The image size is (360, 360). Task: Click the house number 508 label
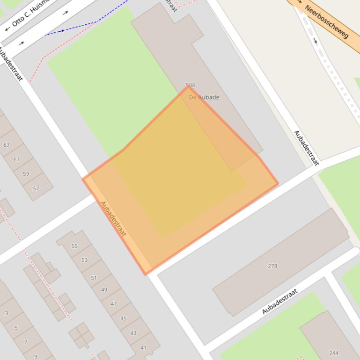191,86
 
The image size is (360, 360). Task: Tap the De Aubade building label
204,97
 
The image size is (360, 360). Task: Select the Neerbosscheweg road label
327,22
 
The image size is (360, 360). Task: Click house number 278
272,266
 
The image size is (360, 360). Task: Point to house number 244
334,353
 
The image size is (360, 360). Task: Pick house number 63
7,145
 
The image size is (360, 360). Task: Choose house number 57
36,188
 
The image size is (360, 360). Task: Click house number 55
74,246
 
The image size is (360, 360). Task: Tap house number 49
104,289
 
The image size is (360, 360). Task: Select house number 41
144,347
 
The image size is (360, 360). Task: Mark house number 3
6,313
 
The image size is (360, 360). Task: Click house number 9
36,357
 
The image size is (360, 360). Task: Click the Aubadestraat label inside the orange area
113,218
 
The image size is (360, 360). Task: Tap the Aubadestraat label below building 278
279,302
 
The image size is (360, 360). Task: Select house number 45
124,318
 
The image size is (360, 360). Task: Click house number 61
16,159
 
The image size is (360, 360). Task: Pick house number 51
94,278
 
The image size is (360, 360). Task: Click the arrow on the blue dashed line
62,31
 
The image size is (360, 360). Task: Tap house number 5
16,328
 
